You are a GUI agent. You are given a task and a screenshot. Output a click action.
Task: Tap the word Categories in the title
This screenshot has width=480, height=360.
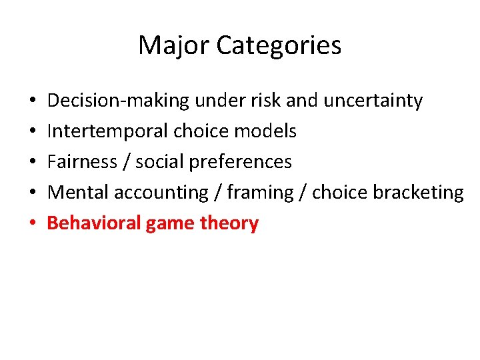279,45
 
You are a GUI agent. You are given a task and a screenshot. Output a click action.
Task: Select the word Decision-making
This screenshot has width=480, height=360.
119,101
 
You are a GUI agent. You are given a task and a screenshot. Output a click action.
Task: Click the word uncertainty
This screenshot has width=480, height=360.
373,101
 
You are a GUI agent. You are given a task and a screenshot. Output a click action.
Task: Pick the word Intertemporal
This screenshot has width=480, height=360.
108,131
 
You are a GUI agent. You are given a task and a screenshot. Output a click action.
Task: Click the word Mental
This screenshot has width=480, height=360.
79,193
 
